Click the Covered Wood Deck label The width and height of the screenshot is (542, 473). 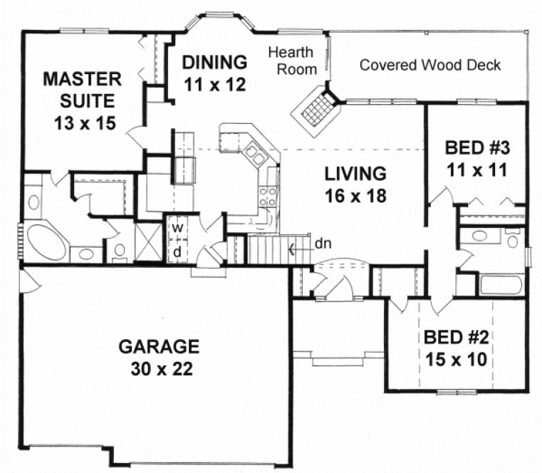click(x=429, y=66)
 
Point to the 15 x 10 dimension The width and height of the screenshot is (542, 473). click(x=455, y=359)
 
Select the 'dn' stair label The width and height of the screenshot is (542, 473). click(x=322, y=245)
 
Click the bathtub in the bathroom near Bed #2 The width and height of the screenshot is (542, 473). click(x=501, y=284)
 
